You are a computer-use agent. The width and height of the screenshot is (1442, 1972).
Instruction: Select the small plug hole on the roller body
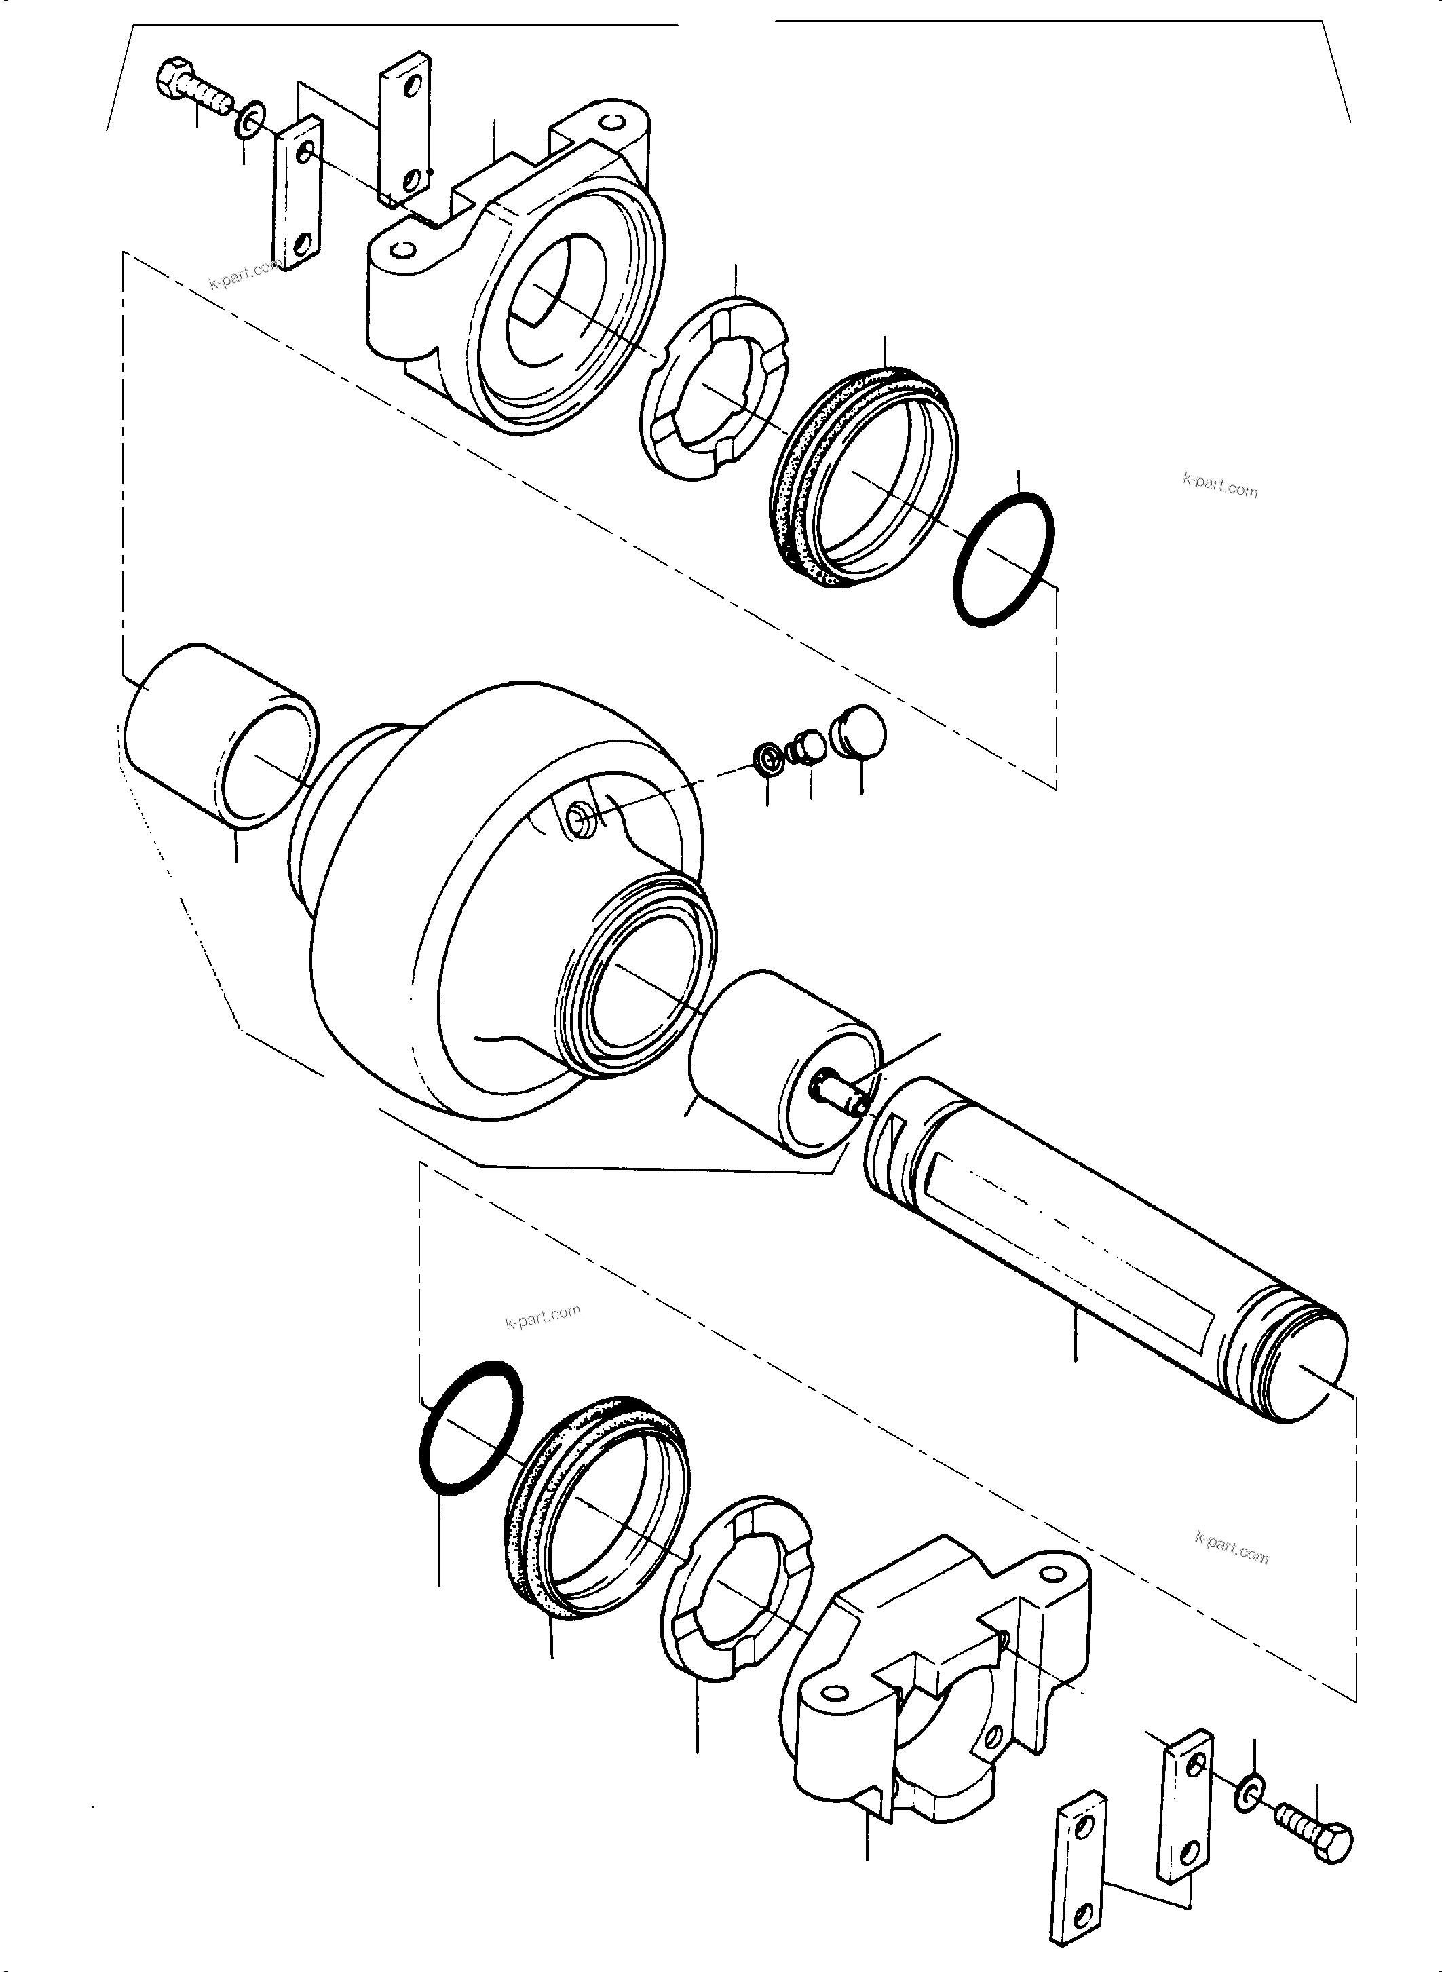(577, 817)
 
